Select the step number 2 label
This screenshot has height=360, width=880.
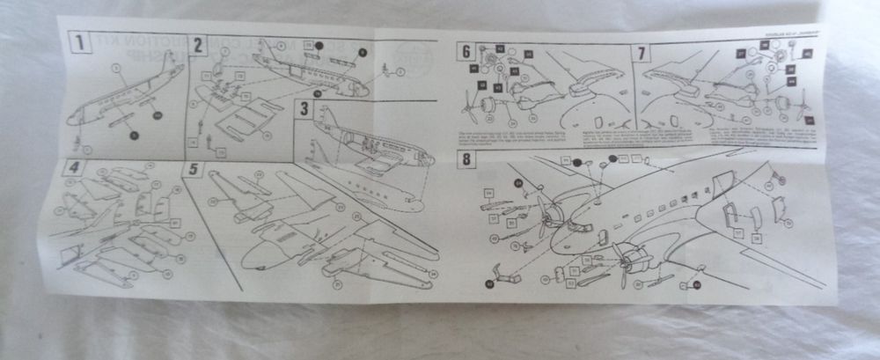click(x=199, y=45)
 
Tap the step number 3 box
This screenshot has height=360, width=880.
click(x=304, y=110)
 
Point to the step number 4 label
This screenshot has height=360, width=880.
click(x=76, y=167)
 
